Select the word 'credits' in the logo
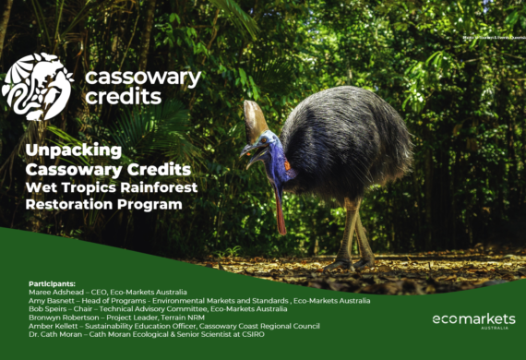(124, 97)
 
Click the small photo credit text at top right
(489, 38)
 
